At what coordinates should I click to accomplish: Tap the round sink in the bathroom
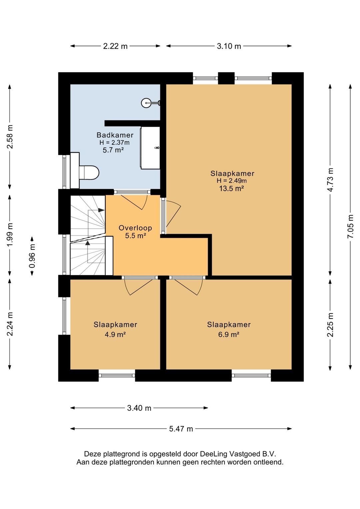(x=146, y=103)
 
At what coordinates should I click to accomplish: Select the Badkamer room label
(x=115, y=135)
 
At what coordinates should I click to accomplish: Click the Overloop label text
(x=135, y=228)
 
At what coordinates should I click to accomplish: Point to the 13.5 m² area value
(x=232, y=188)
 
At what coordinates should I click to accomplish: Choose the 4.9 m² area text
(x=115, y=335)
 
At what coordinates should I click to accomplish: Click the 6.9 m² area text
(x=229, y=335)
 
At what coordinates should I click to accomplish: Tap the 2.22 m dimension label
(x=115, y=46)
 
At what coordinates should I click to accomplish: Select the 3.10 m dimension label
(x=229, y=46)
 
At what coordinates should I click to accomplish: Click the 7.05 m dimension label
(x=350, y=226)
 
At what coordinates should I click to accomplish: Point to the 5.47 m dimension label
(x=181, y=429)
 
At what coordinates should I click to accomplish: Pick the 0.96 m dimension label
(x=32, y=256)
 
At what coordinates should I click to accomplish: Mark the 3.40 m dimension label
(x=139, y=408)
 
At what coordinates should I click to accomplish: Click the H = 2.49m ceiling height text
(x=232, y=181)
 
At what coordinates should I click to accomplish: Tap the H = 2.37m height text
(x=114, y=143)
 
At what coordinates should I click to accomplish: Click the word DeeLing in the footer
(x=214, y=454)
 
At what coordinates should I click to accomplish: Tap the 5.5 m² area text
(x=135, y=235)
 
